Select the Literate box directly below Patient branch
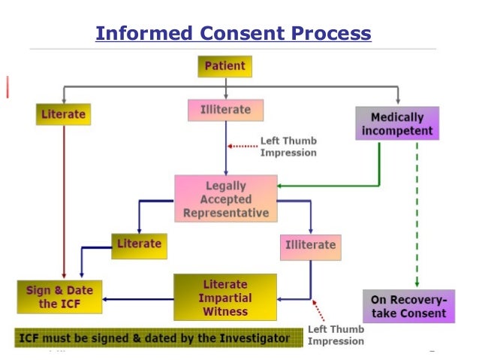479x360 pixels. tap(62, 115)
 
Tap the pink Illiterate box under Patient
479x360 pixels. tap(226, 110)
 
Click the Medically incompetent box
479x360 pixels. tap(397, 124)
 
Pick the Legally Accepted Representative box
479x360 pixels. tap(226, 198)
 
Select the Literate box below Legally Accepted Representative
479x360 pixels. tap(139, 244)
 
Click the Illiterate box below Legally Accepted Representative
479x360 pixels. tap(310, 245)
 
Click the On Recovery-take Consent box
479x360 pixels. tap(408, 306)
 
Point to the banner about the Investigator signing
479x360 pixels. tap(154, 338)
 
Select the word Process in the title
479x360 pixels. tap(331, 33)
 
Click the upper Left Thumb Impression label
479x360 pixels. tap(288, 147)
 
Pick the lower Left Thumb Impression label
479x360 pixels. tap(336, 335)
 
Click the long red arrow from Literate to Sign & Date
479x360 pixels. tap(64, 203)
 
